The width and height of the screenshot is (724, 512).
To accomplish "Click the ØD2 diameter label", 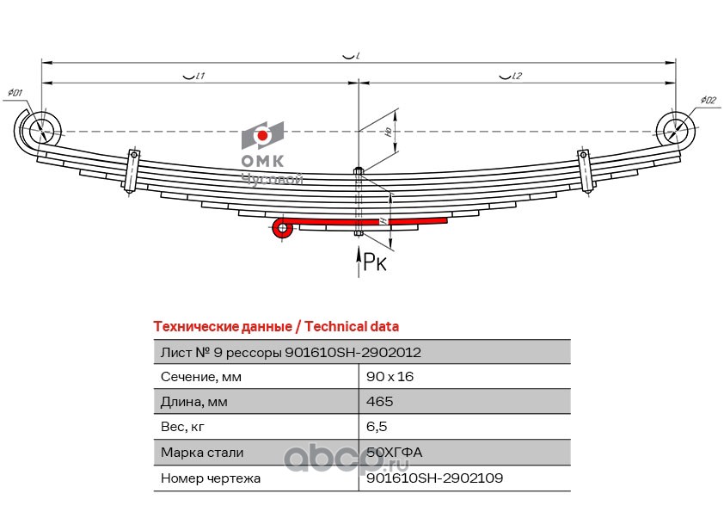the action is (x=708, y=101).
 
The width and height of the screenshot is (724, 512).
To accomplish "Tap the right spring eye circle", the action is (x=676, y=132).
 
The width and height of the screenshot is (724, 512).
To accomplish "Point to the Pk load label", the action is (x=375, y=262).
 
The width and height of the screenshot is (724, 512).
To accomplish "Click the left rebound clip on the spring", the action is (x=133, y=171).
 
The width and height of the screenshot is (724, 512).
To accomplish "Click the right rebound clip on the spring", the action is (x=585, y=172).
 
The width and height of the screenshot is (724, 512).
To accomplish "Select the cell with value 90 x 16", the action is (x=390, y=376).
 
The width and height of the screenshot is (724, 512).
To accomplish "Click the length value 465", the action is (x=379, y=402).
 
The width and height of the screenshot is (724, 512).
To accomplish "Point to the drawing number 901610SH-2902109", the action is (x=434, y=478).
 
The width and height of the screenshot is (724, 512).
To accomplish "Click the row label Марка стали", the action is (x=202, y=452).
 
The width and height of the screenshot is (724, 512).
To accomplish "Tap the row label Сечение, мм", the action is (x=201, y=376).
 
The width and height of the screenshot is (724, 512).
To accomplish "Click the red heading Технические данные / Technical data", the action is (x=275, y=326).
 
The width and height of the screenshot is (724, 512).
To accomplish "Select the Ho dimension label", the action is (x=389, y=133).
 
